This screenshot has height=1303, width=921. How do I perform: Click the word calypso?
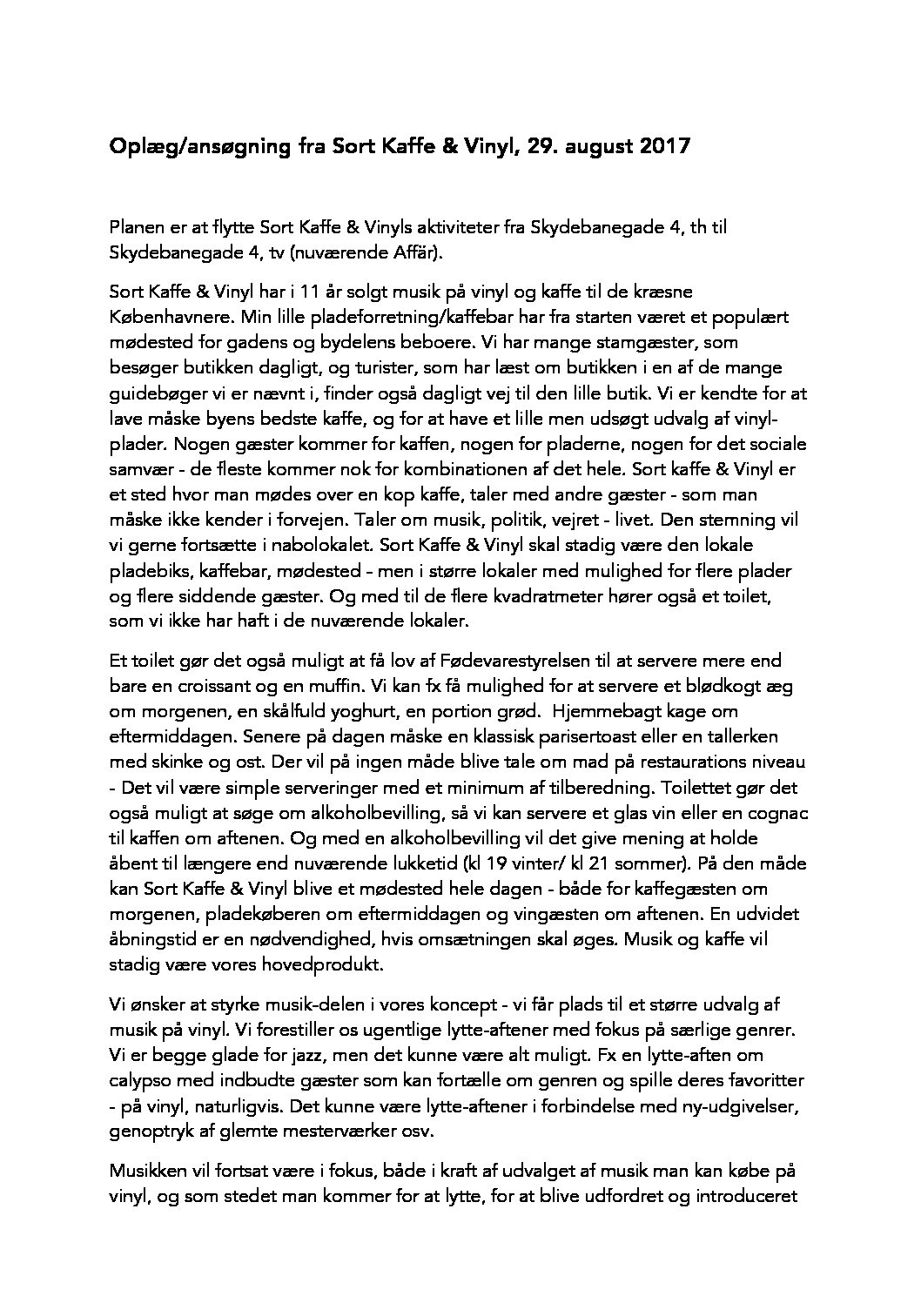[139, 1080]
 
